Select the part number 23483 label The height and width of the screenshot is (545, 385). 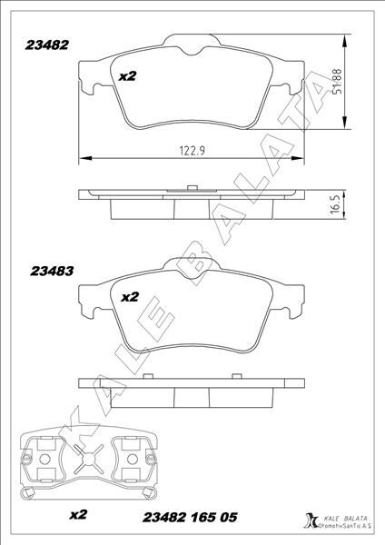pyautogui.click(x=51, y=270)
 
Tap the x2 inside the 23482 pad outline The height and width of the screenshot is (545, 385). pyautogui.click(x=127, y=77)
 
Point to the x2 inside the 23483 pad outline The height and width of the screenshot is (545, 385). pyautogui.click(x=129, y=296)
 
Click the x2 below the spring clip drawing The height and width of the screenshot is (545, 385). pyautogui.click(x=78, y=514)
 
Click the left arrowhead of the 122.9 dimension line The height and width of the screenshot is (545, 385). pyautogui.click(x=84, y=158)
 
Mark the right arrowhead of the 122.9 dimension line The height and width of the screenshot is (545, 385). pyautogui.click(x=299, y=158)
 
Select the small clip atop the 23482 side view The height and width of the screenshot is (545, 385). pyautogui.click(x=192, y=186)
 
